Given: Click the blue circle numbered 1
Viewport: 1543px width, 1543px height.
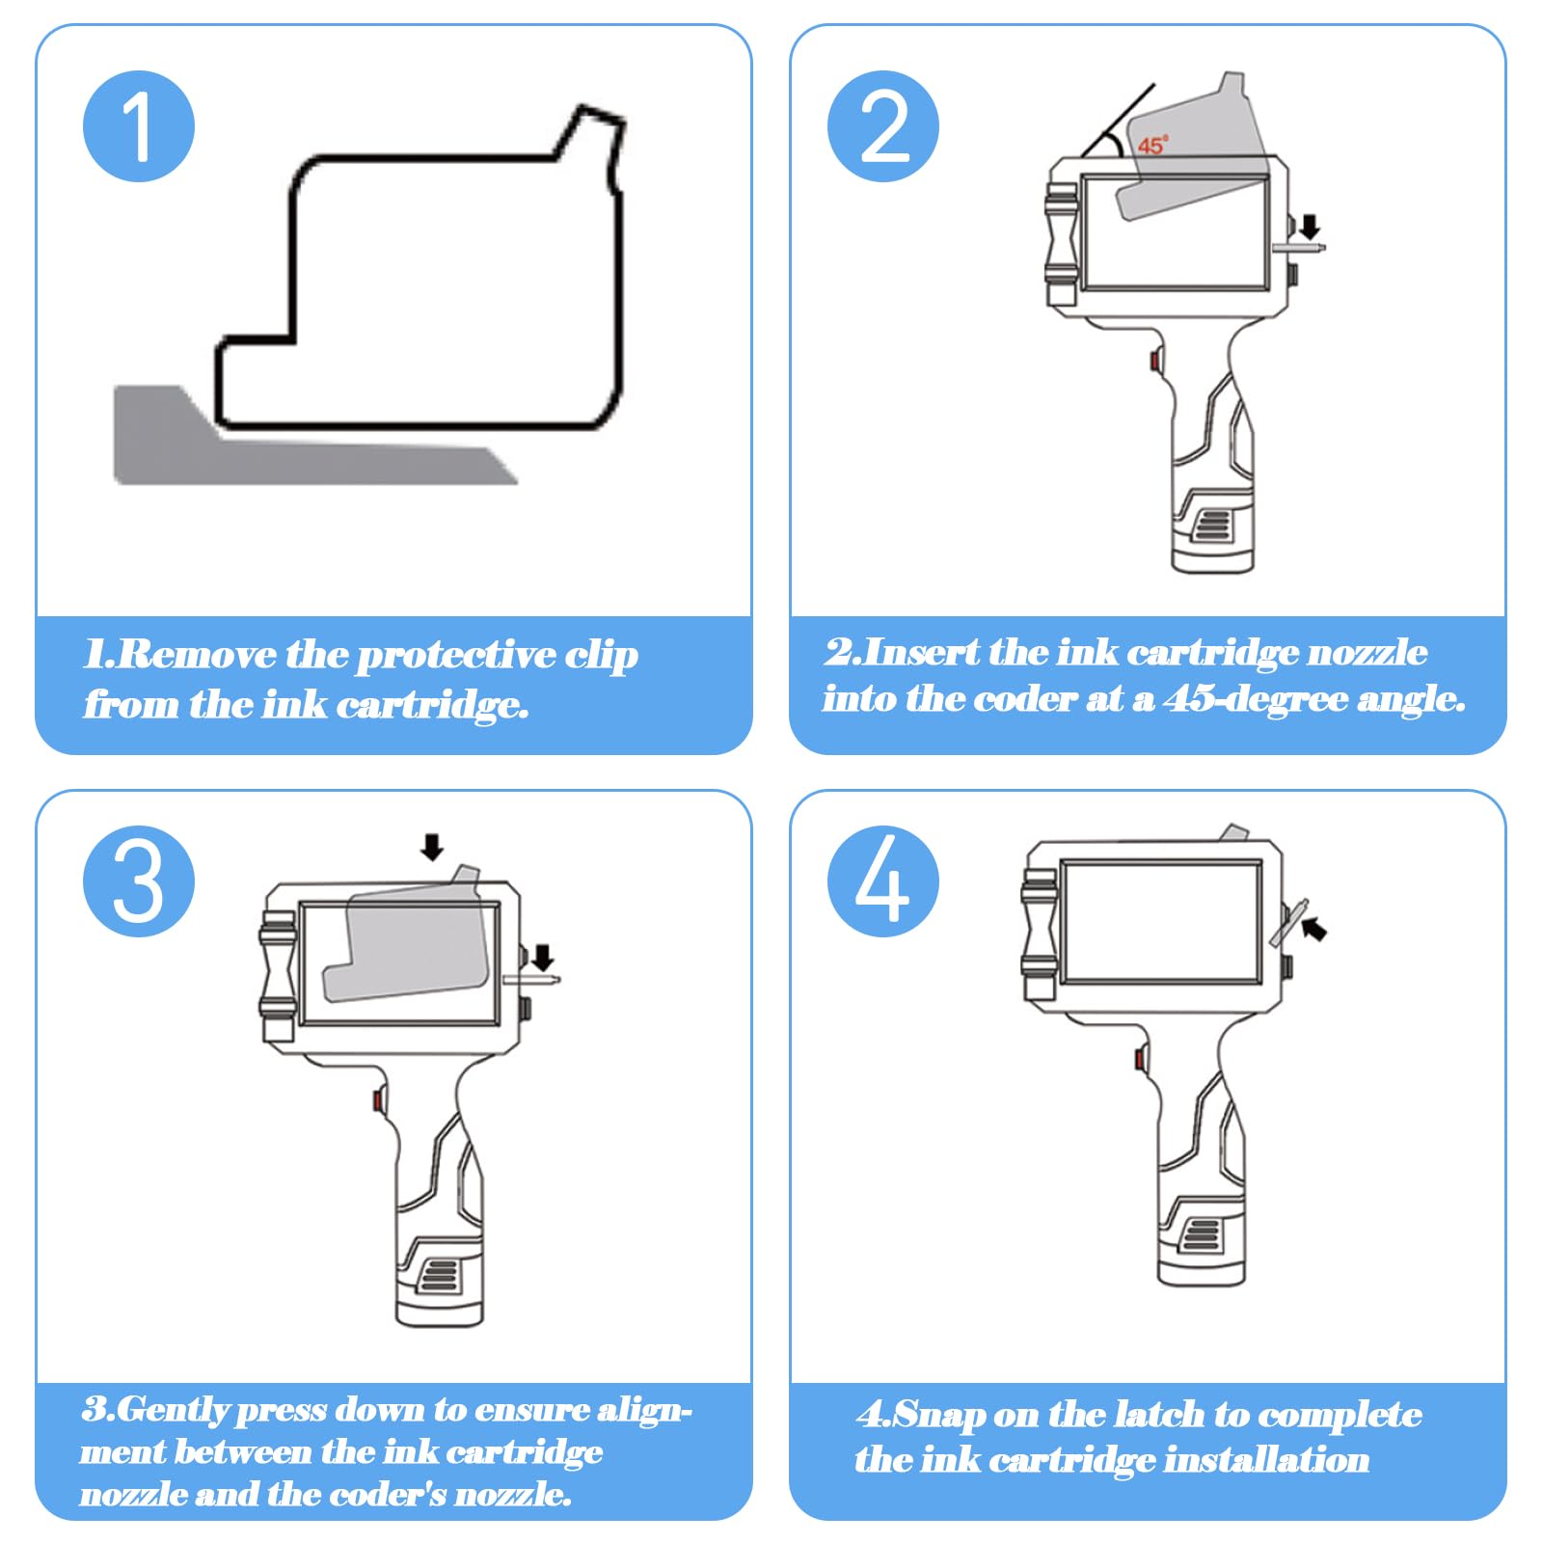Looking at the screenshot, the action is (x=139, y=126).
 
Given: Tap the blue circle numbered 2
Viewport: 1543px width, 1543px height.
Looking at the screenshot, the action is (x=883, y=126).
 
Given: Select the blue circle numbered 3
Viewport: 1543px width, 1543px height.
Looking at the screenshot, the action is (x=139, y=881).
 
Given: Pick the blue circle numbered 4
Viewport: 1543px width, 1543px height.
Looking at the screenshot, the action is (x=883, y=881).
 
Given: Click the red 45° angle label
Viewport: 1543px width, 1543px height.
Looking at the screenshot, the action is (x=1152, y=146).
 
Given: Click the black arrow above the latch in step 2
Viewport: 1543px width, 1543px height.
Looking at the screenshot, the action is (x=1309, y=228).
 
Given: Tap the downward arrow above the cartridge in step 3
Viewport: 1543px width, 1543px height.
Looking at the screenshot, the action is (x=432, y=848).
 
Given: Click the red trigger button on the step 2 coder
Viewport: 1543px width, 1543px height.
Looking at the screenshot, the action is (x=1154, y=361).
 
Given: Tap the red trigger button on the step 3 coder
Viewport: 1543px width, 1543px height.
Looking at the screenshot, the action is (x=377, y=1098).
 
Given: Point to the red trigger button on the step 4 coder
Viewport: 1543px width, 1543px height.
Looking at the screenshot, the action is (x=1139, y=1060).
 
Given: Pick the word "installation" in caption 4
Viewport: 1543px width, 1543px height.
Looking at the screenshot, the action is (x=1266, y=1460).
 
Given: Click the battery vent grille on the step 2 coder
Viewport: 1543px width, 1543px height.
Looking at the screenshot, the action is (x=1213, y=526).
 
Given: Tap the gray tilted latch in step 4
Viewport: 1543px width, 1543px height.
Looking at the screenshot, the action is (x=1289, y=923).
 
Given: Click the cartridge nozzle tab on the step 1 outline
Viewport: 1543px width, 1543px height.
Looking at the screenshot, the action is (x=593, y=145).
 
